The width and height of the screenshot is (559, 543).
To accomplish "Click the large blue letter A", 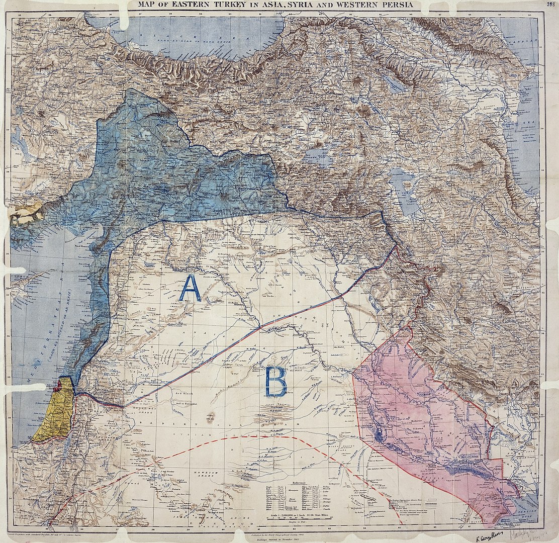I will pos(190,289).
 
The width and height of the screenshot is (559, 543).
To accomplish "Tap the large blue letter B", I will pos(276,382).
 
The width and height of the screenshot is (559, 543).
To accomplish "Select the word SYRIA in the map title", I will pos(315,5).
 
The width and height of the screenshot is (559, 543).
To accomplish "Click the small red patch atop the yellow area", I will pos(59,385).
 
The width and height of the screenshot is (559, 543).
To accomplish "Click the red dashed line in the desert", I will pos(251,437).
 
